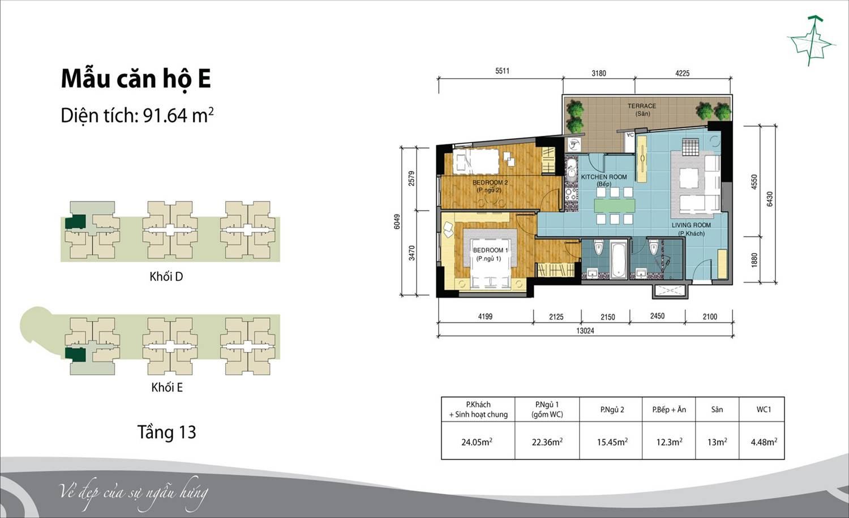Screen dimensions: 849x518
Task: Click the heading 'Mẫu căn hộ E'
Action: [x=136, y=79]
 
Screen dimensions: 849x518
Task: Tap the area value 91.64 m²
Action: [x=178, y=115]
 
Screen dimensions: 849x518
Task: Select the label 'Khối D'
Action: [x=166, y=276]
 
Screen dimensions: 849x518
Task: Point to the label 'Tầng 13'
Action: [x=166, y=432]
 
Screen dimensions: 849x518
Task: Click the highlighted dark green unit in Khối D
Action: [x=75, y=222]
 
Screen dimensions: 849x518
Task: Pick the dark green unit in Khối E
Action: [x=75, y=354]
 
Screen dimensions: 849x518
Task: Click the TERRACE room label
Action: [x=642, y=110]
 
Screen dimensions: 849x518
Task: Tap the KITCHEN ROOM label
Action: [x=604, y=180]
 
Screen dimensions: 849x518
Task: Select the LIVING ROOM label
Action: [x=691, y=229]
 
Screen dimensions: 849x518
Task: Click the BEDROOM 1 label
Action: [x=490, y=254]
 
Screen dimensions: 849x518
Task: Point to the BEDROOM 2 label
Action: [x=490, y=186]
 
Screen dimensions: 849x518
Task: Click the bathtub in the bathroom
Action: [x=619, y=260]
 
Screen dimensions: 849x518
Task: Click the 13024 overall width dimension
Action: [x=585, y=331]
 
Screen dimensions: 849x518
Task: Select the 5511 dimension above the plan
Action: [x=502, y=71]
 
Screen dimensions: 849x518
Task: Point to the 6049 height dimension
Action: [x=397, y=222]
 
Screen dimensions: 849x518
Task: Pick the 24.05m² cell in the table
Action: [x=477, y=442]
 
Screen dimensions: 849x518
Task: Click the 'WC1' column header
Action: [x=764, y=409]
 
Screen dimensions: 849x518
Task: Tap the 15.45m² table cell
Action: [x=612, y=442]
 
